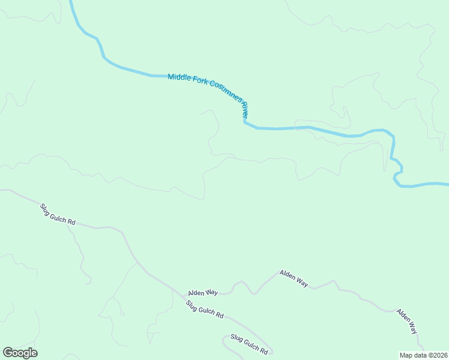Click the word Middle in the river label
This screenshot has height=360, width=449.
[178, 77]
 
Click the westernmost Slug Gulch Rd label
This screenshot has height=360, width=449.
[58, 214]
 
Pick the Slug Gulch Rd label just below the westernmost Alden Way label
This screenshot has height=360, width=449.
[205, 308]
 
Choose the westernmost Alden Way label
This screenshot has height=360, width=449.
[203, 293]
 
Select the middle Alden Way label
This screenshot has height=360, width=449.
[294, 278]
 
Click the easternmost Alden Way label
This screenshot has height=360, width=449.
[406, 321]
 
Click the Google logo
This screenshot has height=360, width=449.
[20, 353]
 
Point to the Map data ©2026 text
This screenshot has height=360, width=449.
[423, 355]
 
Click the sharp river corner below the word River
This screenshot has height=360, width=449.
[244, 122]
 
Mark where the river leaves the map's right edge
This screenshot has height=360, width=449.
[447, 184]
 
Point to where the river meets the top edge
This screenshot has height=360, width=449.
[71, 1]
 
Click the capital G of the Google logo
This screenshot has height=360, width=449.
[7, 353]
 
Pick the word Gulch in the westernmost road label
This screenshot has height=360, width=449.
[59, 215]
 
